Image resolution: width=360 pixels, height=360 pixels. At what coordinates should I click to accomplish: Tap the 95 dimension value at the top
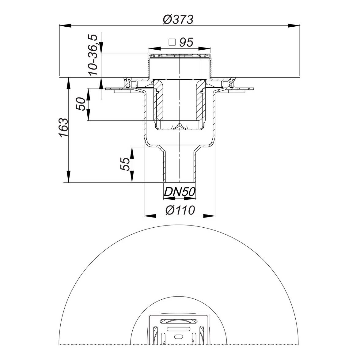(186, 43)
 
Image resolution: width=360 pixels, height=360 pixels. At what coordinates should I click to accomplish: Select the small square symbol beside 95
(172, 43)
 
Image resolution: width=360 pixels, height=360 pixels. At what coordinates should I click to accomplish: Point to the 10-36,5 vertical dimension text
(93, 55)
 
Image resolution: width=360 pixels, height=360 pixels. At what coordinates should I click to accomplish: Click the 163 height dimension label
(63, 128)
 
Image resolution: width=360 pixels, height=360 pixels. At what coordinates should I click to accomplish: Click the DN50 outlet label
(180, 192)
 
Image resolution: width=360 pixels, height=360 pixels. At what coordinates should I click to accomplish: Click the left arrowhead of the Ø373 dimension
(65, 25)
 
